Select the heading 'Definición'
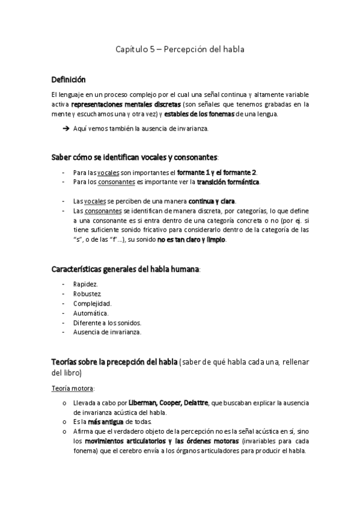pos(68,79)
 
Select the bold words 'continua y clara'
pos(212,201)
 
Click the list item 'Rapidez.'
pos(86,284)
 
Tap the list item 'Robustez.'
pos(88,293)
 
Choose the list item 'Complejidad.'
pos(92,303)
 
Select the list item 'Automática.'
pos(91,313)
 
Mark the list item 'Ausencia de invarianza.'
pos(107,332)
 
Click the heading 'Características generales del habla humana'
pos(125,269)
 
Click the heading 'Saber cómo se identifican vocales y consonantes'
pos(134,158)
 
